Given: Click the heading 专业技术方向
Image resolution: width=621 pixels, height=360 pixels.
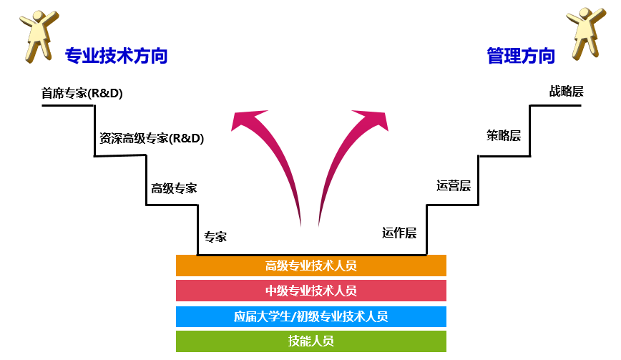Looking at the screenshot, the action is coord(117,55).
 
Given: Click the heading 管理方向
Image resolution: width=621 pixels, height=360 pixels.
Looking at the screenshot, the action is coord(521,55).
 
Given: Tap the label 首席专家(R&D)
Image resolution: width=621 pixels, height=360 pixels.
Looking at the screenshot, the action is coord(82,93).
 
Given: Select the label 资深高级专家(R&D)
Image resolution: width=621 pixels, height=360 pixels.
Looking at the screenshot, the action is coord(152,138).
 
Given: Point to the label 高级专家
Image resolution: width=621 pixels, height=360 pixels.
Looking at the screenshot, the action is coord(174,188).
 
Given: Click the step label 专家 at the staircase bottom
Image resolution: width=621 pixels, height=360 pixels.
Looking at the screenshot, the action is coord(215,237).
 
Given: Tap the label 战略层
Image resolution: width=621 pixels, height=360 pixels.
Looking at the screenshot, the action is coord(567,92).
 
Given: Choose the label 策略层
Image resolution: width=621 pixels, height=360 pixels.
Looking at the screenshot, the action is coord(504,136).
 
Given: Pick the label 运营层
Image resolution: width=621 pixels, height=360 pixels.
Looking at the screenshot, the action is coord(454,186).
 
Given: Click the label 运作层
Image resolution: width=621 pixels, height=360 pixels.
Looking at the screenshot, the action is coord(399,233).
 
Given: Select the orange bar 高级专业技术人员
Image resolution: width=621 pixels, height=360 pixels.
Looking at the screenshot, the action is coord(311,266).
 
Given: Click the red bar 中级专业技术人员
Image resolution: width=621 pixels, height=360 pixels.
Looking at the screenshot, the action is coord(311,291).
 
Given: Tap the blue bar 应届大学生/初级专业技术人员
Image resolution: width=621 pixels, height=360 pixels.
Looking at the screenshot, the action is coord(311,316).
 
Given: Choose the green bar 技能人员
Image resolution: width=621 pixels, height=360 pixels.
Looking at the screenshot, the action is coord(311,341).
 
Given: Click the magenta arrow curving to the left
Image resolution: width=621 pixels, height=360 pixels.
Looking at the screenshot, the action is coord(278,158).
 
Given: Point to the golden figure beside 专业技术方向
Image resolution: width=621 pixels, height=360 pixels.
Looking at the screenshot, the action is coord(39,36).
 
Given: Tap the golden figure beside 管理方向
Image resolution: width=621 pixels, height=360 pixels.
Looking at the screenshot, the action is coord(586,34).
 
